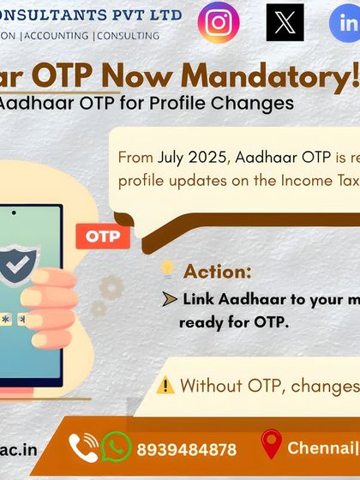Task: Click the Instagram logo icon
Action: (x=219, y=22)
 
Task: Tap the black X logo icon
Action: (x=285, y=22)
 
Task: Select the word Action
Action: (x=218, y=272)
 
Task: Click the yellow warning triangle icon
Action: (x=166, y=385)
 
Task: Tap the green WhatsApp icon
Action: (x=117, y=447)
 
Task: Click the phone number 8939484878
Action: (x=186, y=449)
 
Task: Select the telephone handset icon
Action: (x=84, y=447)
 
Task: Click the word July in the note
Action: (x=169, y=158)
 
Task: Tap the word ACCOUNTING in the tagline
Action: (x=59, y=36)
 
